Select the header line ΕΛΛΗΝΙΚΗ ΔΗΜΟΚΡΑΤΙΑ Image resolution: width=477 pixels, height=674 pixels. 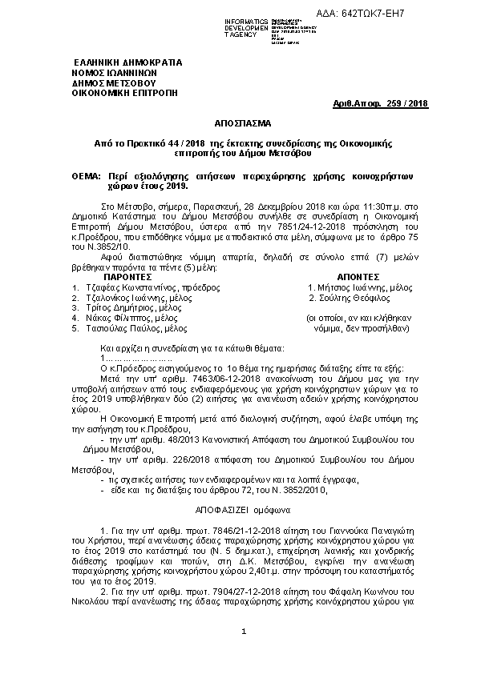coord(128,62)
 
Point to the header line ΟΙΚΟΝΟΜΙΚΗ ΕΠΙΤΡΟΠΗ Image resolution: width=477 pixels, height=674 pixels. coord(124,92)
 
